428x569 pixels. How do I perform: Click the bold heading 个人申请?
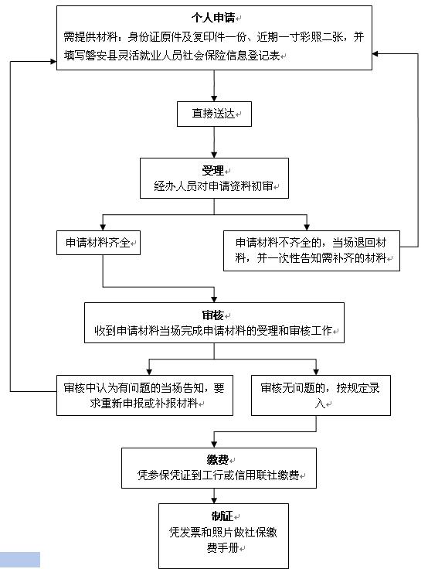point(213,17)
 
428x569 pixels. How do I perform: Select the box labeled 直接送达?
point(214,114)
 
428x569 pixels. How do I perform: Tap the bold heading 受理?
point(213,171)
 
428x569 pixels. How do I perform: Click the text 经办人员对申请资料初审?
point(213,186)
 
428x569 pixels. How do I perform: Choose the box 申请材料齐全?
point(98,243)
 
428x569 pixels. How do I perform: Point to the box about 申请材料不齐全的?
point(311,250)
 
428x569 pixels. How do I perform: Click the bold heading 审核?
point(213,315)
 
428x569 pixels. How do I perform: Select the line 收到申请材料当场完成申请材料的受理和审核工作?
point(213,331)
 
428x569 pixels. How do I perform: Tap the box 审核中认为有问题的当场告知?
point(144,395)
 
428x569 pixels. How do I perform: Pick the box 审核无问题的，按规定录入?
point(321,395)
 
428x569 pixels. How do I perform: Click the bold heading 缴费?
point(218,460)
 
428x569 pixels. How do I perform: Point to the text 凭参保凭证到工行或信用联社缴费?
point(219,475)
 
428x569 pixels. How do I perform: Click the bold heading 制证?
point(222,516)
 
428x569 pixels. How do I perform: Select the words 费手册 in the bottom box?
point(222,547)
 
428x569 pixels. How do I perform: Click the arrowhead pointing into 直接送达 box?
point(214,98)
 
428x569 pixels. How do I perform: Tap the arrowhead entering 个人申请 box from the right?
point(375,53)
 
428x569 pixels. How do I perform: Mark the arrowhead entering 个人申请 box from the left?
point(53,62)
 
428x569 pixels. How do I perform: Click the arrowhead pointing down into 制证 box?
point(214,500)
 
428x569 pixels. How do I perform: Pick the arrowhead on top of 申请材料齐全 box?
point(103,227)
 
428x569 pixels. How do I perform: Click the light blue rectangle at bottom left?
point(20,560)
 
